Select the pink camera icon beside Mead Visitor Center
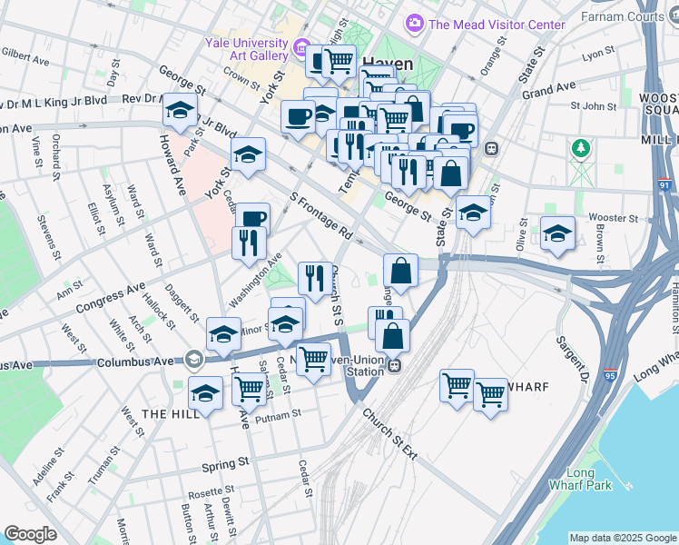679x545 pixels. [x=415, y=22]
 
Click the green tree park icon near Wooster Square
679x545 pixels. [x=578, y=147]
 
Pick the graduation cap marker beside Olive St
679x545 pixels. [x=557, y=233]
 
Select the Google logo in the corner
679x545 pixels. [x=31, y=533]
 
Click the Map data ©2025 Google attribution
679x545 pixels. [x=622, y=538]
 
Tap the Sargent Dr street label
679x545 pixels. [x=572, y=356]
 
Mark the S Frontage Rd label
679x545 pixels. [x=320, y=214]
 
